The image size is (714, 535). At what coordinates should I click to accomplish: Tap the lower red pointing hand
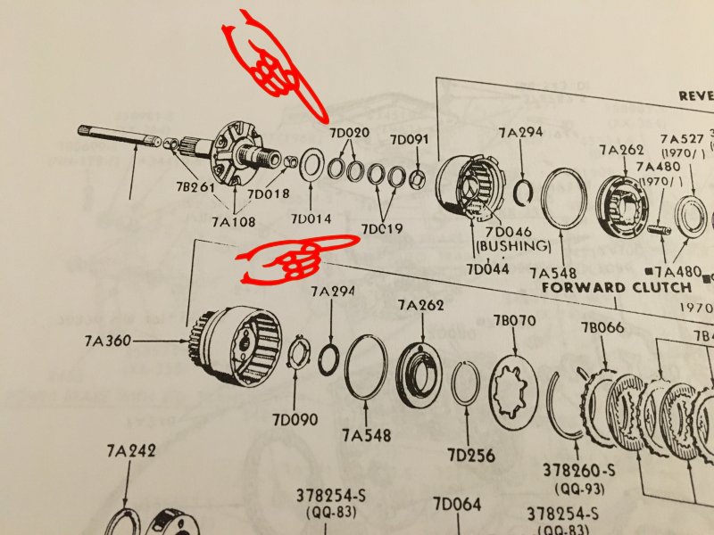point(282,259)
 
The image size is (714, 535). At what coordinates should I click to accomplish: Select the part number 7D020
point(348,134)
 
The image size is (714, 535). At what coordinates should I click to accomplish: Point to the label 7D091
point(410,139)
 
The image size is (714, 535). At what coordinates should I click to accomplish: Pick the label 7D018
point(268,194)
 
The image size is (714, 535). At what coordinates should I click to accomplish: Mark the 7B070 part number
point(515,320)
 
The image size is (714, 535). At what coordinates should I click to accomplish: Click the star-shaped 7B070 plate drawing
point(513,385)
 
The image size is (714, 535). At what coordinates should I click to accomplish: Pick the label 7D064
point(457,506)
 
